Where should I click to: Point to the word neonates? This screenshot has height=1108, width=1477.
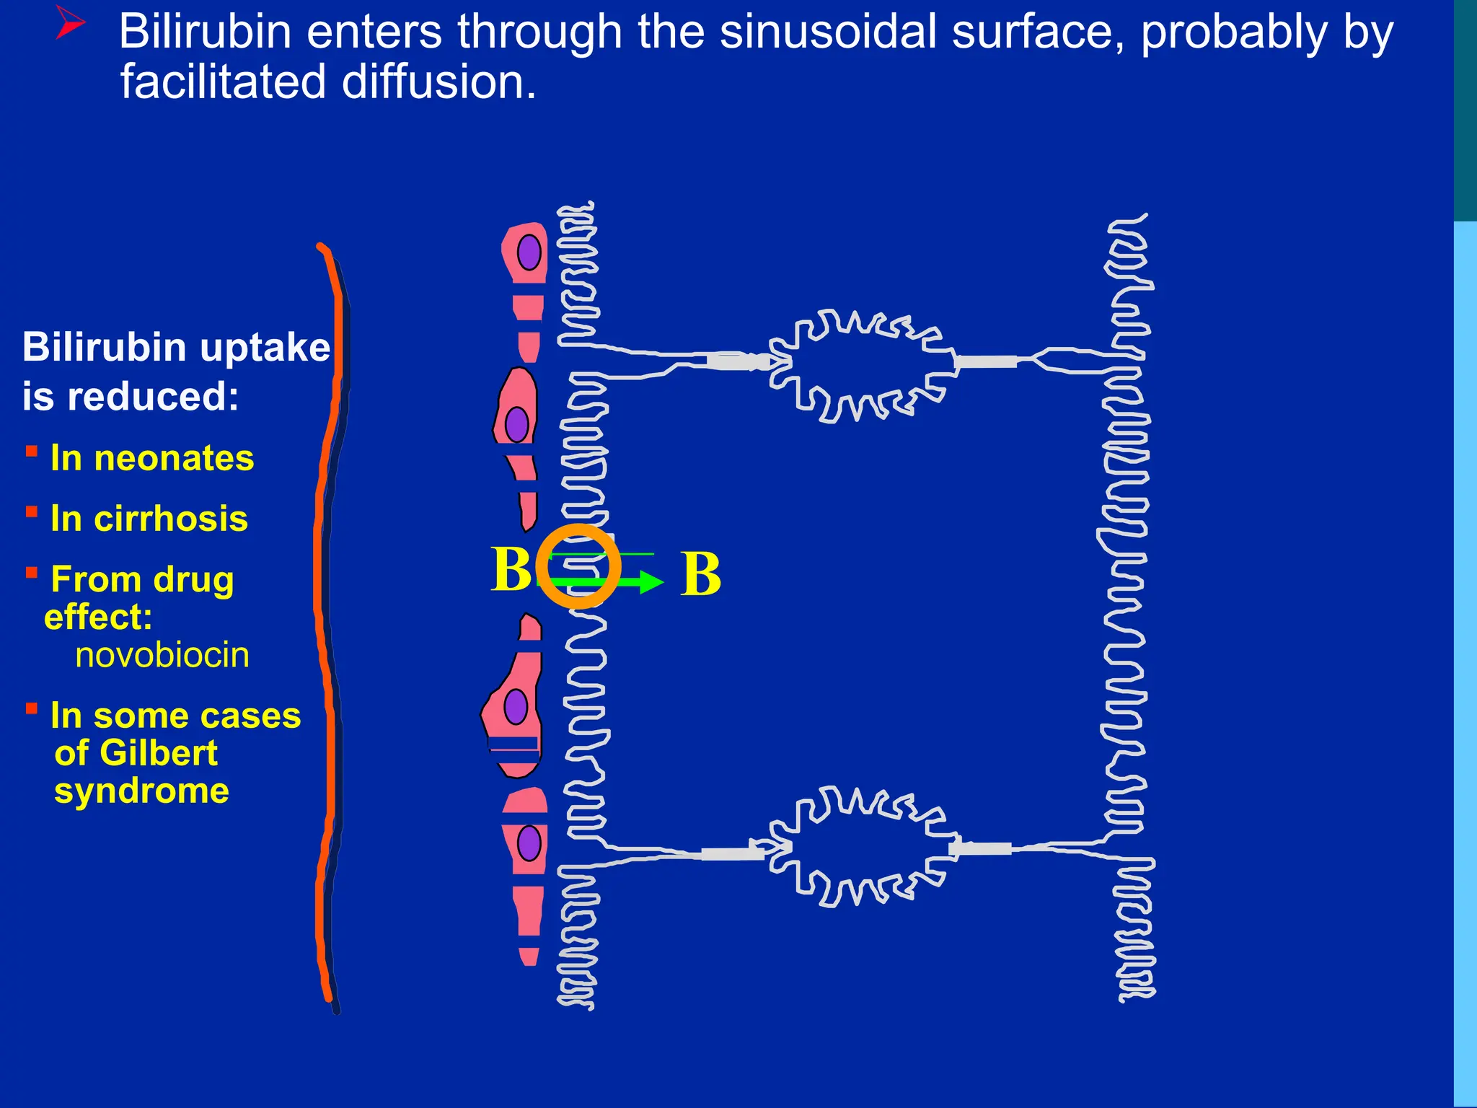(184, 458)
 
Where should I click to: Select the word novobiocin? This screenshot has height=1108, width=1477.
(162, 655)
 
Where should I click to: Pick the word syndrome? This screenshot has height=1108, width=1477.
(141, 791)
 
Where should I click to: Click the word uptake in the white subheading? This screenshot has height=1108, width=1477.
(265, 347)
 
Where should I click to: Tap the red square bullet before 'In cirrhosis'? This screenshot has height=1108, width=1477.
(32, 512)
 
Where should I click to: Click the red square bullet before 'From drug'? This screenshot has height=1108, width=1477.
(32, 573)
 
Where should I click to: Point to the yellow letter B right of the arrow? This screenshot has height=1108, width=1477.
(700, 574)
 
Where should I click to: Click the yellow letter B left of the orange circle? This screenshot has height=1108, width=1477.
(511, 568)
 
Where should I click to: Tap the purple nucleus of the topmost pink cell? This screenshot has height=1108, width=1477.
(529, 252)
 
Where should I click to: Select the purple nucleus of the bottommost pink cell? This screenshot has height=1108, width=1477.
(529, 843)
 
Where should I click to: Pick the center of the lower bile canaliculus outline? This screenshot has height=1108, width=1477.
(863, 848)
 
